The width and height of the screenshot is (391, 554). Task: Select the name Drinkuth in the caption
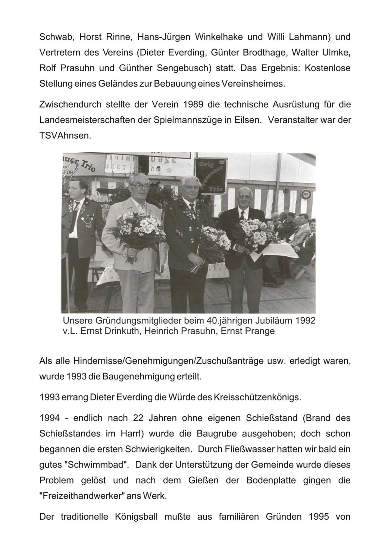click(x=121, y=331)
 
